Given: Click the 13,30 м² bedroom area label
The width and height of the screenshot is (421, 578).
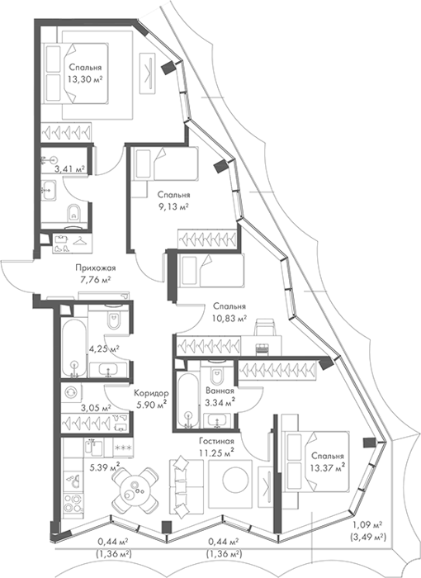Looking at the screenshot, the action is [85, 78].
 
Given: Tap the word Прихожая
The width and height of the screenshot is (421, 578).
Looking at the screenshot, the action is [93, 268].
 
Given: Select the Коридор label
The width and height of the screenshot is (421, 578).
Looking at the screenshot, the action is [151, 393].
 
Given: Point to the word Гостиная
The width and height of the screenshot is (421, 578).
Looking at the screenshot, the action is [217, 441].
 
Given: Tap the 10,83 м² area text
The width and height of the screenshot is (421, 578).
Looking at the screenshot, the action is [229, 317].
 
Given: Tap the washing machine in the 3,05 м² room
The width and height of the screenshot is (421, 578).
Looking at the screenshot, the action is [70, 392].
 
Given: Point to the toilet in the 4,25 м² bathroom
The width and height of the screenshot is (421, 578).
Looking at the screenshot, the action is [114, 318].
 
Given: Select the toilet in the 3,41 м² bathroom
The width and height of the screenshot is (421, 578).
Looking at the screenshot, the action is [74, 213].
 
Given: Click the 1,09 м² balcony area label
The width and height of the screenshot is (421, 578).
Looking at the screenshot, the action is [367, 524].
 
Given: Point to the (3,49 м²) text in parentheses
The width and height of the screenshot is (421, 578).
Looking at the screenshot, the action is [367, 537].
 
